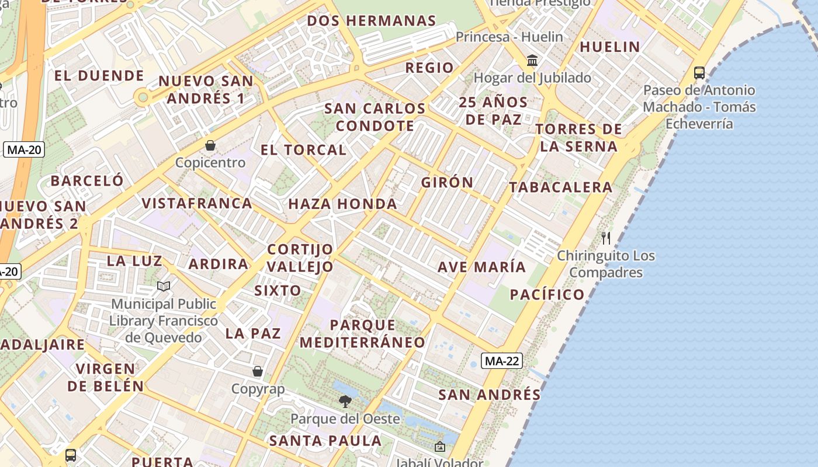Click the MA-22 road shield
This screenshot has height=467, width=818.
point(502,361)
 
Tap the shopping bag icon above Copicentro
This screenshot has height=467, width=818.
point(210,145)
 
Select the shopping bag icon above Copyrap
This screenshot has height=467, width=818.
point(257,371)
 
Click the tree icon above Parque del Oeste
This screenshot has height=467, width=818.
point(345,401)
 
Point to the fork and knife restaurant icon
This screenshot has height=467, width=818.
point(606,238)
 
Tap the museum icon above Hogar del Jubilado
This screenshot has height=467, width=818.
point(532,60)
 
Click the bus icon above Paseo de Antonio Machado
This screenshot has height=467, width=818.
point(699,73)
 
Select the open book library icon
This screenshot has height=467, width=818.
point(164,286)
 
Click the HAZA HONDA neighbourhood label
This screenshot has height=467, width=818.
point(342,204)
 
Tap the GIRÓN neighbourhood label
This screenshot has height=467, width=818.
point(448,182)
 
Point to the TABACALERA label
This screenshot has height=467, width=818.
point(560,187)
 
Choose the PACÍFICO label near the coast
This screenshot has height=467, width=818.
point(547,294)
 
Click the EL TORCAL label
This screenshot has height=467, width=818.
point(303,149)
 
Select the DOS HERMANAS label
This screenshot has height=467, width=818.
point(372,21)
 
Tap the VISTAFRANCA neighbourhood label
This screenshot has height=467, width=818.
point(197,203)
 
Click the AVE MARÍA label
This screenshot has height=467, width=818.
point(482,267)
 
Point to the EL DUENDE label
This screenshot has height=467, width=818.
point(99,75)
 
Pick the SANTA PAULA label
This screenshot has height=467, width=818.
point(325,440)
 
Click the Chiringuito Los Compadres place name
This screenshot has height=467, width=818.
point(606,264)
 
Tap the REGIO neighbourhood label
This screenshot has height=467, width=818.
point(429,67)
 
